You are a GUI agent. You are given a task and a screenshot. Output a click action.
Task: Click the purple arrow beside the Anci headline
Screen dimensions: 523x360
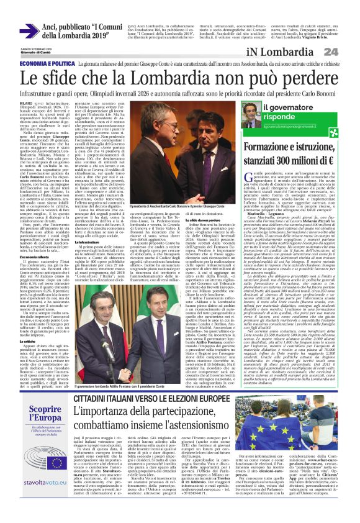28,32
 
